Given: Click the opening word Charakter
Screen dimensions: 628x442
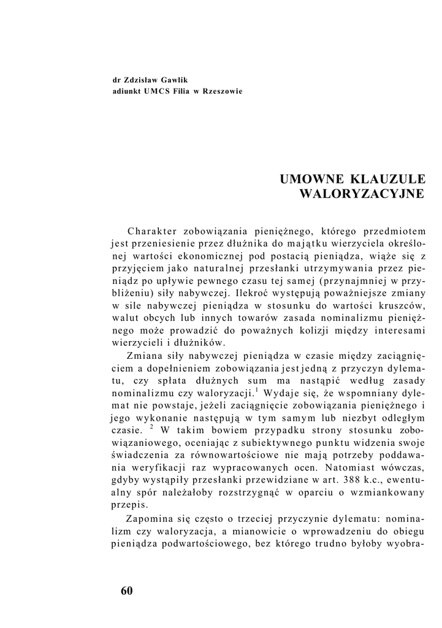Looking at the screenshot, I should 152,231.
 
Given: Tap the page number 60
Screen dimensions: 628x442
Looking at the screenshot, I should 126,591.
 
